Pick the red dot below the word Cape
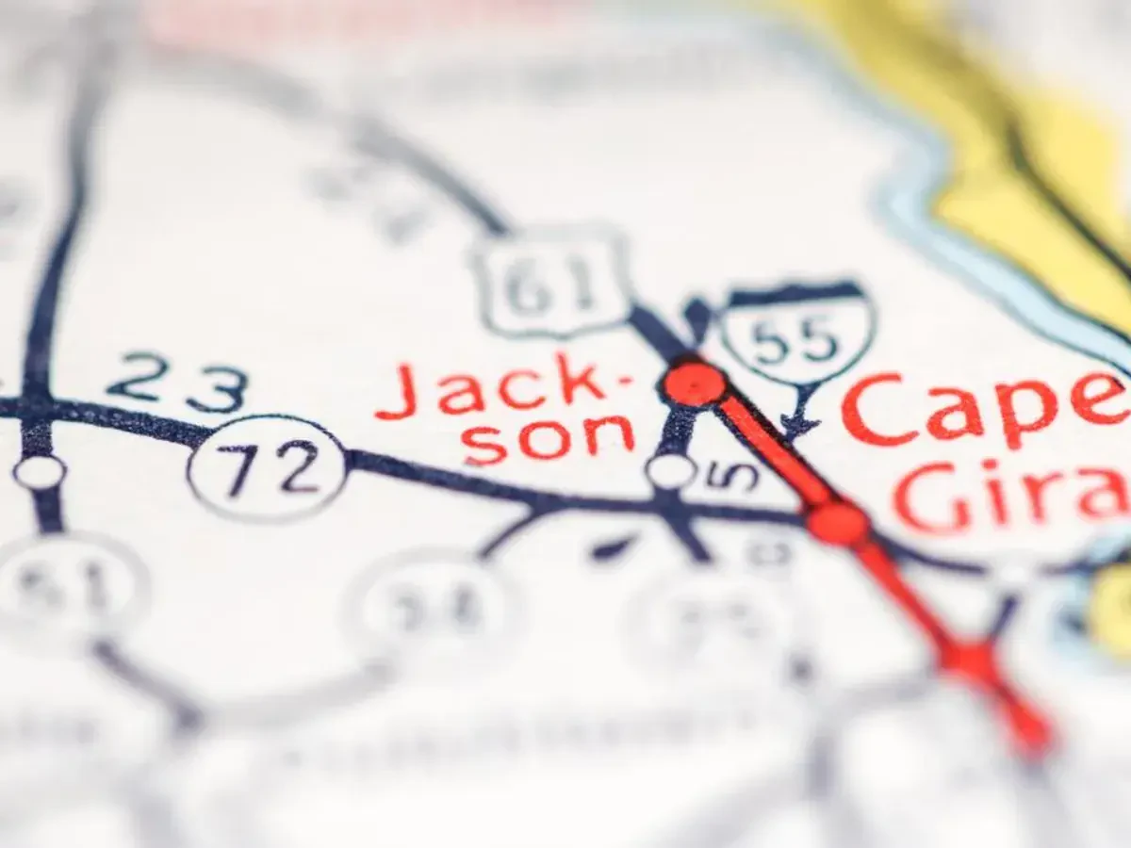[837, 522]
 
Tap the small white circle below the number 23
[40, 471]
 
